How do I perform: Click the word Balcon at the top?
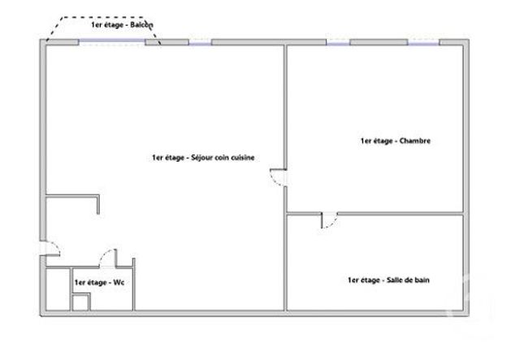tap(141, 24)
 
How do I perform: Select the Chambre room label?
tap(395, 141)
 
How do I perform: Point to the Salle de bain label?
tap(388, 280)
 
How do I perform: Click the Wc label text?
tap(93, 282)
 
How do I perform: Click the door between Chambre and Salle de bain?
tap(328, 220)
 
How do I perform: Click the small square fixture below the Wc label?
tap(80, 302)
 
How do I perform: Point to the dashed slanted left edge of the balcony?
tap(55, 29)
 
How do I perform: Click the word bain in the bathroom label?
tap(422, 280)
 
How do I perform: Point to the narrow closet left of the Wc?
tap(57, 290)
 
